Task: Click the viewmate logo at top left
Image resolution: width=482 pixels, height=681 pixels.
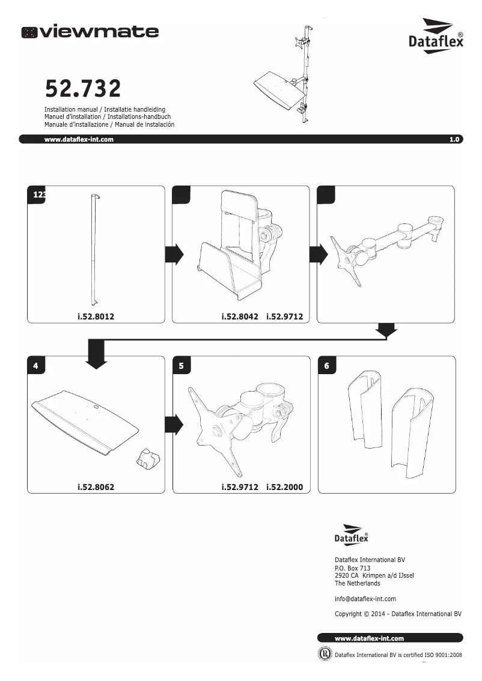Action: (90, 32)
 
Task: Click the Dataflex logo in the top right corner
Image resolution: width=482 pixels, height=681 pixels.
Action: (436, 36)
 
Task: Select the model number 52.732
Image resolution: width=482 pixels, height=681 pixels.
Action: (83, 89)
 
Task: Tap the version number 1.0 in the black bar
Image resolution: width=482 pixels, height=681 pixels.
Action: (454, 139)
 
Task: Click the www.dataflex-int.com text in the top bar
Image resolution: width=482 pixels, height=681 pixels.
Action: (79, 139)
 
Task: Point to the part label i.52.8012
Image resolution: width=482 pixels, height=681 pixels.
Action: (96, 316)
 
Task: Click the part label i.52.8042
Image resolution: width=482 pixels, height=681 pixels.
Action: (240, 316)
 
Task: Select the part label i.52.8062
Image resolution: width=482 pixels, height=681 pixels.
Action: (96, 487)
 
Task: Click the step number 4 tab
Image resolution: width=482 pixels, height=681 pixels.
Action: (36, 366)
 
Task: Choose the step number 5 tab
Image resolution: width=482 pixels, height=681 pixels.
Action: (181, 366)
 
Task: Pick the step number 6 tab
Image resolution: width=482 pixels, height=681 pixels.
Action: (326, 366)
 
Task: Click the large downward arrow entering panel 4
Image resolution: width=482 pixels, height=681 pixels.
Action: (96, 354)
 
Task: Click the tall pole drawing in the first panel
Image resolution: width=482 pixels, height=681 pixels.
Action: (94, 249)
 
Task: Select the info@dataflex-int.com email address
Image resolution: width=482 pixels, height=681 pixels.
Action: (365, 599)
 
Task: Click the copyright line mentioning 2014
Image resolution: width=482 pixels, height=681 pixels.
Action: (397, 614)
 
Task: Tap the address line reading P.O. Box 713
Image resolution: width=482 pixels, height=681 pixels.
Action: (352, 568)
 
